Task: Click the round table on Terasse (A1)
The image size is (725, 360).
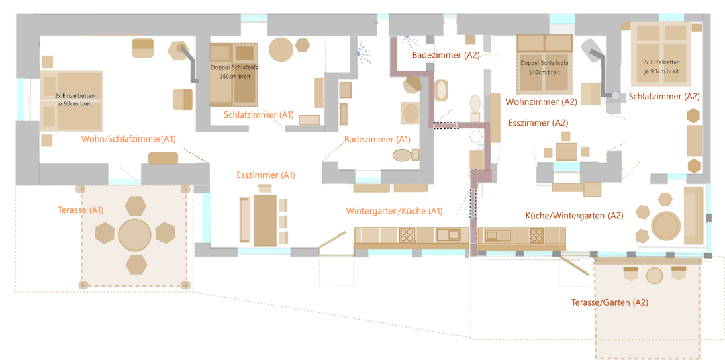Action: (x=135, y=236)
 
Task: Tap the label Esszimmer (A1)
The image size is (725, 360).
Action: (x=266, y=175)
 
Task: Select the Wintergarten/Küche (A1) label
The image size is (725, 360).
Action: (x=395, y=211)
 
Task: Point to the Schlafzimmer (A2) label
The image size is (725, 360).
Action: (x=664, y=97)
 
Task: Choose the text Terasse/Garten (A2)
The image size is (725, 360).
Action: (x=610, y=302)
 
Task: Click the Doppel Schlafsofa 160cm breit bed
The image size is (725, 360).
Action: (x=234, y=75)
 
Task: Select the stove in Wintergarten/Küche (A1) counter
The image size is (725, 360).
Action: (x=407, y=234)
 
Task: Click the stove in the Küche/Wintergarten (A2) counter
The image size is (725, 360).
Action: (x=536, y=234)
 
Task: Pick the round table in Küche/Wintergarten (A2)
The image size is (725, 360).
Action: (x=665, y=226)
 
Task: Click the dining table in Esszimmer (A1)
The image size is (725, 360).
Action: (x=265, y=220)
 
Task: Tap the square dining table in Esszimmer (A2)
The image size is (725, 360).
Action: (x=567, y=152)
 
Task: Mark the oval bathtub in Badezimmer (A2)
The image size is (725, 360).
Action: (x=441, y=90)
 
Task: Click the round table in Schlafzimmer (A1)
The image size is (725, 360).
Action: (x=281, y=50)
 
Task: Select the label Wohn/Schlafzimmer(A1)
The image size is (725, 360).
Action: (x=128, y=139)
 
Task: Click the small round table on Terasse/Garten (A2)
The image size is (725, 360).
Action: (x=655, y=275)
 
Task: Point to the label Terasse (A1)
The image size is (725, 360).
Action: (x=81, y=210)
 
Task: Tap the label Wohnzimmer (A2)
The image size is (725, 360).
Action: (x=542, y=102)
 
